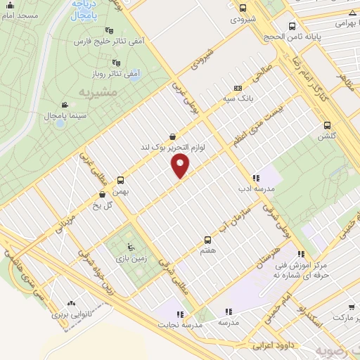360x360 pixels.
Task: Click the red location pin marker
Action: pos(181,166)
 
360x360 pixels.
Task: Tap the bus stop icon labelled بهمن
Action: pos(120,180)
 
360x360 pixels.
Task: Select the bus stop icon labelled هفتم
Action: pos(207,239)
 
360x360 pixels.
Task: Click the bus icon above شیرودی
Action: pos(243,8)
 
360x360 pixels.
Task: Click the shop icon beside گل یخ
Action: pos(103,194)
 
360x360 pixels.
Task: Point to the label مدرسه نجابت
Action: pos(182,325)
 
